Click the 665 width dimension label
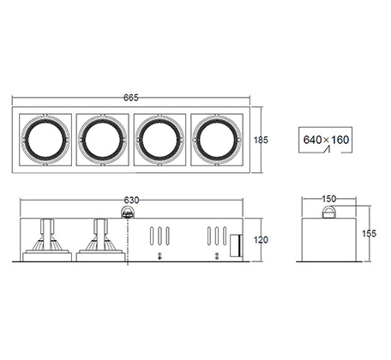coord(131,98)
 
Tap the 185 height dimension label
coord(261,140)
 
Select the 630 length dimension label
coord(131,201)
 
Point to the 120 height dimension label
coord(261,240)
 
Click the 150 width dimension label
coord(329,199)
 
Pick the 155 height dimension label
coord(370,233)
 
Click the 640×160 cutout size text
coord(326,140)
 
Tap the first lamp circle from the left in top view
coord(45,140)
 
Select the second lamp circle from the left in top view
coord(102,140)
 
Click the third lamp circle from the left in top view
coord(159,140)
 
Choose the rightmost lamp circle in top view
coord(217,140)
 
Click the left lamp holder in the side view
coord(47,240)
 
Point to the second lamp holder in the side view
coord(100,240)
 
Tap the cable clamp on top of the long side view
coord(128,213)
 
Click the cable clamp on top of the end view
coord(329,212)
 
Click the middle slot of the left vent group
coord(159,236)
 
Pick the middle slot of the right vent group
coord(217,236)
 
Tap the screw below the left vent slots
coord(159,255)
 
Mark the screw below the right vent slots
coord(217,255)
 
